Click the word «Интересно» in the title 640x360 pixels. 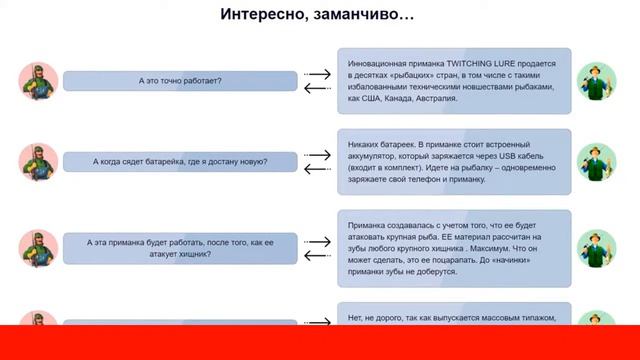[x=261, y=15]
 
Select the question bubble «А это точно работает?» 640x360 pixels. [x=180, y=80]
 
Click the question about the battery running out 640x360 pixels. [x=180, y=161]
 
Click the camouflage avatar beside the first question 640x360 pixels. [x=37, y=80]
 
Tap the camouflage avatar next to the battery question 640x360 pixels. [x=37, y=162]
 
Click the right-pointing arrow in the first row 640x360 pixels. [x=317, y=73]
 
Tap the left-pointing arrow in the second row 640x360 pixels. [x=317, y=169]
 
